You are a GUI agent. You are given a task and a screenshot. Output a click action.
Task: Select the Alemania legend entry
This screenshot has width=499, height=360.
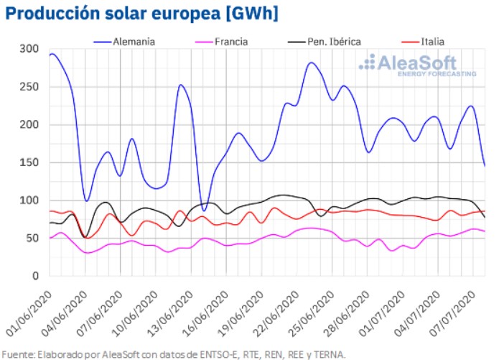[134, 42]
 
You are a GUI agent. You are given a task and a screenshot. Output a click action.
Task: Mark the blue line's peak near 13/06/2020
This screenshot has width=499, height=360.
[181, 86]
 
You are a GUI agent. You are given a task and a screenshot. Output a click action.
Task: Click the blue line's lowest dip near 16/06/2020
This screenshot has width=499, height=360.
[205, 210]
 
